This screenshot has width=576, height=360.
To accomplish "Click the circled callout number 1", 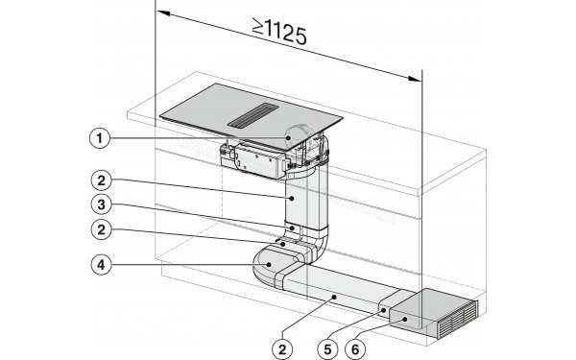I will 99,138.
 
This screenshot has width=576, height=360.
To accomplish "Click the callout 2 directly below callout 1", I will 99,179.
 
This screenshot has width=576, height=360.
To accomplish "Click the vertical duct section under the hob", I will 306,206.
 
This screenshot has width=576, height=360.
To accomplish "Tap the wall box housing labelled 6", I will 422,311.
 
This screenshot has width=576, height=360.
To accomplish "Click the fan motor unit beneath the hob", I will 259,156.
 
